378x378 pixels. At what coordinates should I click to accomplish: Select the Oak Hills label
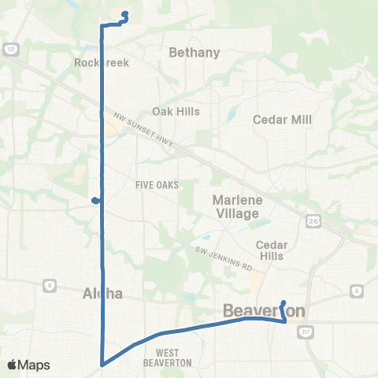coord(176,111)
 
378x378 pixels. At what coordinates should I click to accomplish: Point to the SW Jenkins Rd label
coord(223,259)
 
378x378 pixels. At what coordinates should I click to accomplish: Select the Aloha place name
coord(102,294)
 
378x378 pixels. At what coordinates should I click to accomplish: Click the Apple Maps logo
coord(28,365)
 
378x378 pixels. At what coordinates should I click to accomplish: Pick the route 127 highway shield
coord(10,49)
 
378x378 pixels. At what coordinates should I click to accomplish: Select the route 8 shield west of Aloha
coord(49,284)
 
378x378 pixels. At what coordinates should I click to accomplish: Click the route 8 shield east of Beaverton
coord(356,291)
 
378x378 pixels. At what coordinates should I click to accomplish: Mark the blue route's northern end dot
coord(126,13)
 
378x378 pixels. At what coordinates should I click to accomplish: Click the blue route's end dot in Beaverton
coord(283,302)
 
